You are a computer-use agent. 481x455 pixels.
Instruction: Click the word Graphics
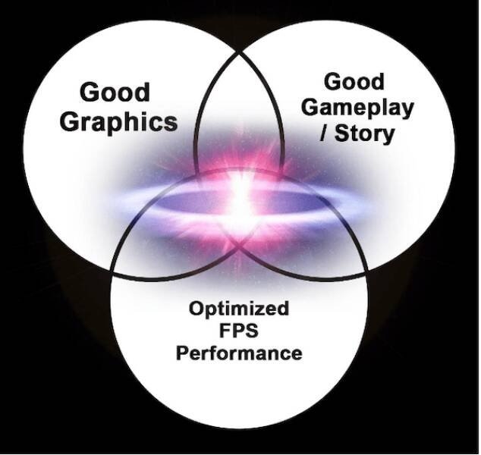[118, 121]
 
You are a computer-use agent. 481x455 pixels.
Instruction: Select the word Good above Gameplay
[355, 81]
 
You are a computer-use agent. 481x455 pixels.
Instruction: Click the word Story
[366, 133]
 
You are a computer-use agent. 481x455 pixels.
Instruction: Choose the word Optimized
[238, 309]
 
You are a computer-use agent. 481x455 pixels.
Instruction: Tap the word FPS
[239, 331]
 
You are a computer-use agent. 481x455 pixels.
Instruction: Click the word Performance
[239, 353]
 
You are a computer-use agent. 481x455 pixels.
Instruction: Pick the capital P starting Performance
[182, 353]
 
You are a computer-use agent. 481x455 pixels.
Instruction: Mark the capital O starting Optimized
[195, 309]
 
